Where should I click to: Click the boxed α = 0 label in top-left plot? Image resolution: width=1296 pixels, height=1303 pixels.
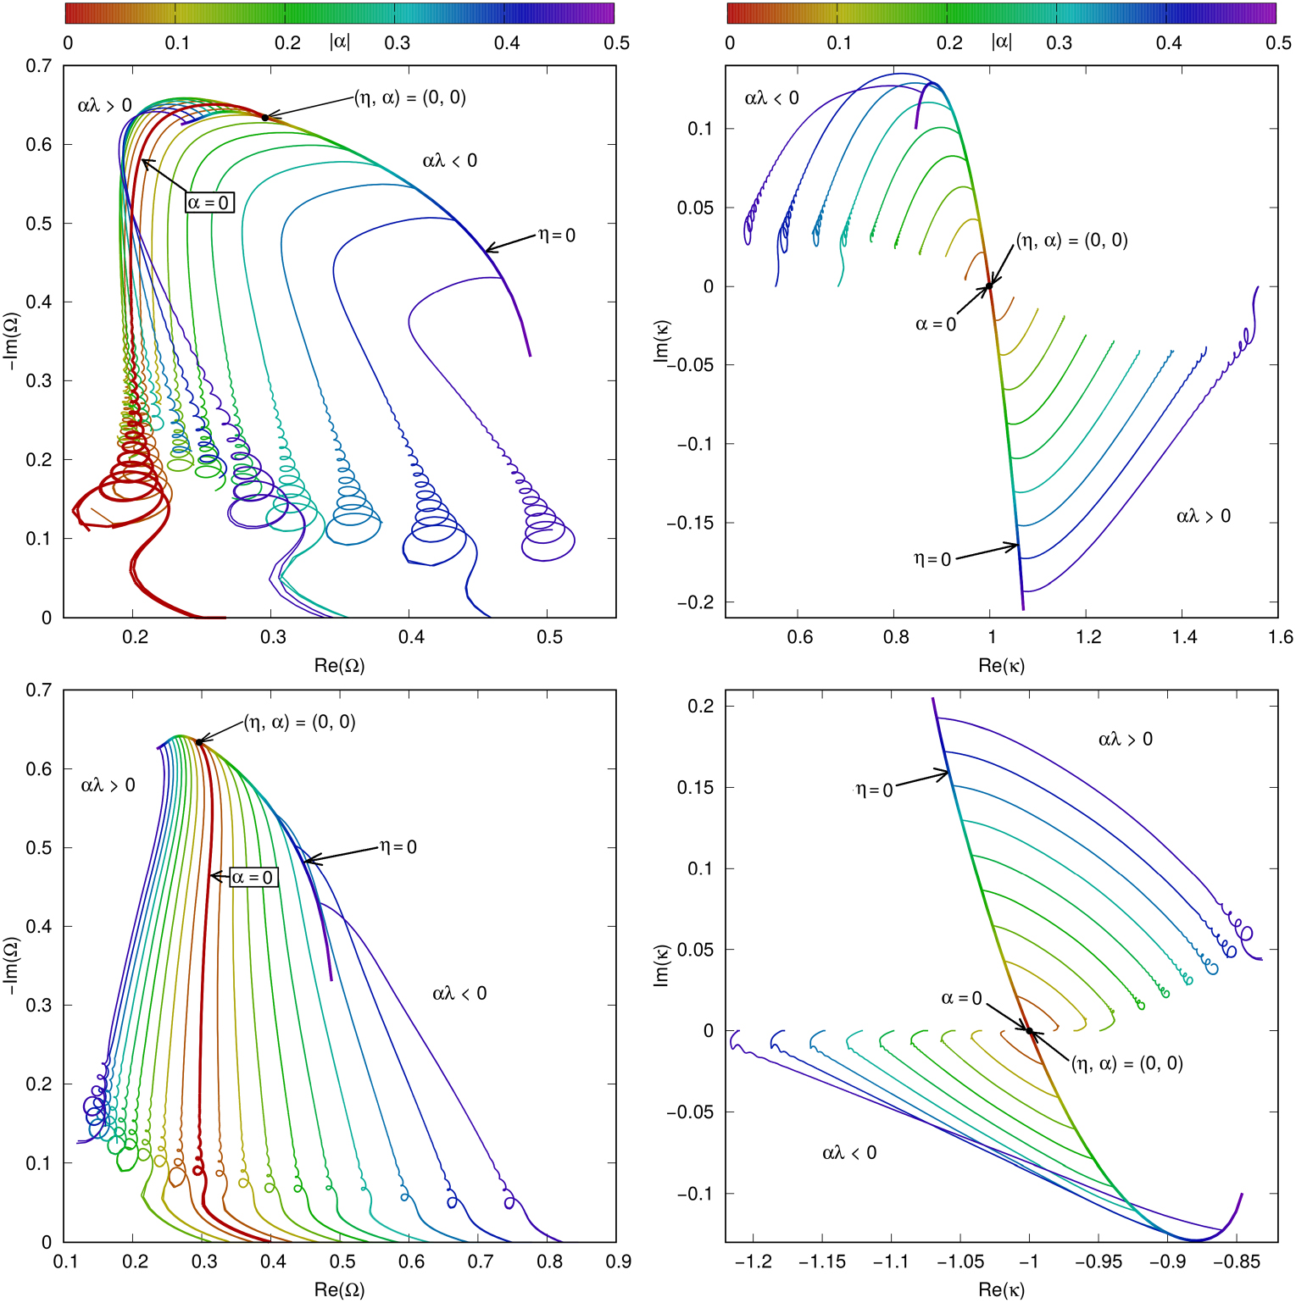coord(209,202)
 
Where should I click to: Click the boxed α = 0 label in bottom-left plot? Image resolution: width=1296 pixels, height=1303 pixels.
coord(253,877)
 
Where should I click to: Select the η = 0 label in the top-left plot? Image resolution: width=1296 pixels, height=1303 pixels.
coord(557,236)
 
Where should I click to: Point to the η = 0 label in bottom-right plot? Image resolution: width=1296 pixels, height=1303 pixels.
coord(874,790)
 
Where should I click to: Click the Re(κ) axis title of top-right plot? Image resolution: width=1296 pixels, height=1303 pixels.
coord(1001,665)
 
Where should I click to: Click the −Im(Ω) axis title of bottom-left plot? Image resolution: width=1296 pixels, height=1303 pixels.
coord(11,966)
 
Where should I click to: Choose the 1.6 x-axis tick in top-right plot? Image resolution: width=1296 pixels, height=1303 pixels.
coord(1280,637)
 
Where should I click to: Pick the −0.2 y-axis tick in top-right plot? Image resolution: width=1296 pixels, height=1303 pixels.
coord(695,602)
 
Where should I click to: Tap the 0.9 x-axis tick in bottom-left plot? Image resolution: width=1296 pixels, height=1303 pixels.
coord(618,1261)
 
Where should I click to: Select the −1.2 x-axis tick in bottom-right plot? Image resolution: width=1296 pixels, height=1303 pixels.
coord(753,1261)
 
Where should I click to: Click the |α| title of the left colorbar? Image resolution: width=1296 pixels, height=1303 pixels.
coord(339,42)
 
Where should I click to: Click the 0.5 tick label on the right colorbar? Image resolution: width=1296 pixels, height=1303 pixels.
coord(1278,43)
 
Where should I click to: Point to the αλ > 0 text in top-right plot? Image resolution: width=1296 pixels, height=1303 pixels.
coord(1203,516)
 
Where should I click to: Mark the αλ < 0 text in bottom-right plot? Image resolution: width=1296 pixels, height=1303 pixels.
coord(848,1152)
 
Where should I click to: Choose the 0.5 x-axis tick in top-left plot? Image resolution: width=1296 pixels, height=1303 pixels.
coord(549,637)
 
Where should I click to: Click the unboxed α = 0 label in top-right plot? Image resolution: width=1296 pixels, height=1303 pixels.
coord(935,324)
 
